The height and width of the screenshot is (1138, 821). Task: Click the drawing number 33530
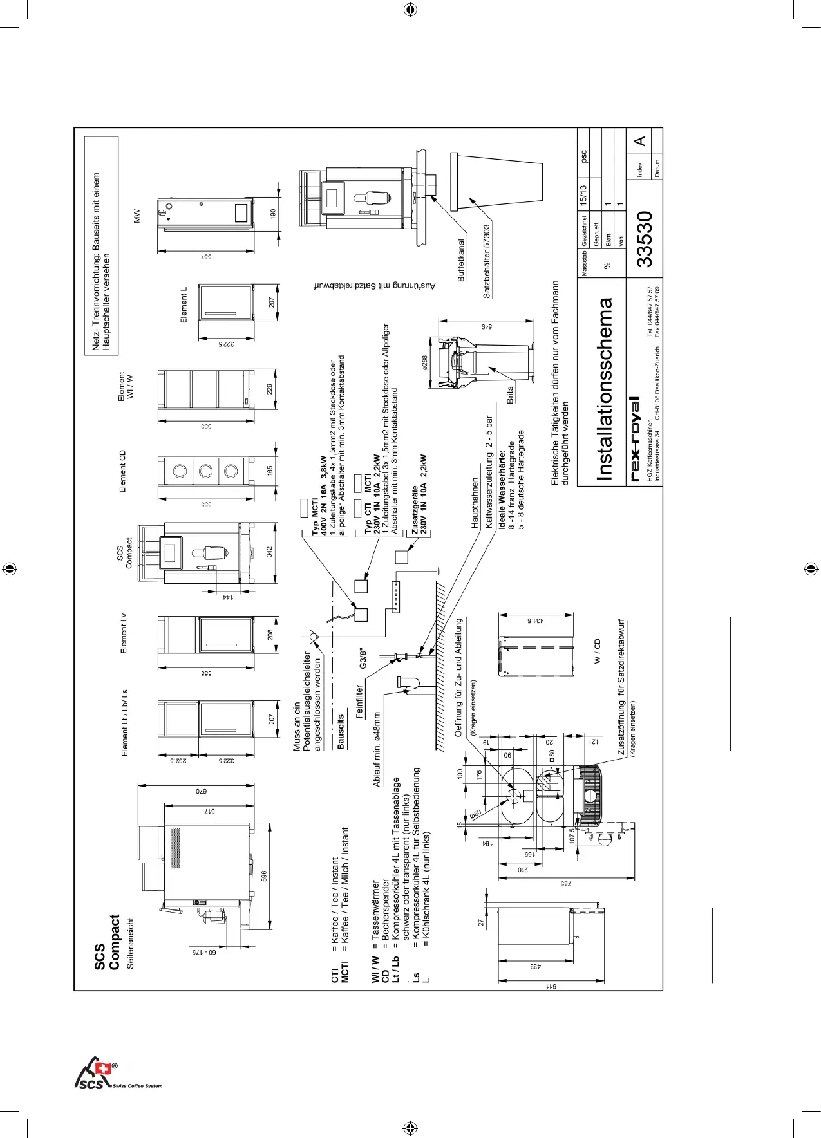tap(645, 239)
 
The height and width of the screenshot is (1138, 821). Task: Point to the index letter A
tap(639, 141)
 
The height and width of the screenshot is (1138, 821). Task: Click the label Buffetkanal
tap(461, 261)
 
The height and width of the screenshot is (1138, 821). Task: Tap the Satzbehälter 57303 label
tap(487, 261)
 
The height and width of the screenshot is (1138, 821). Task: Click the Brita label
tap(511, 395)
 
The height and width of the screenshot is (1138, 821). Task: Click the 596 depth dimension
tap(264, 877)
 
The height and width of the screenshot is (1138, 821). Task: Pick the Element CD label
tap(123, 471)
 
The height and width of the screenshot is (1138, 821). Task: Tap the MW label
tap(137, 216)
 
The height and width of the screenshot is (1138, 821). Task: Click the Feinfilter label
tap(359, 701)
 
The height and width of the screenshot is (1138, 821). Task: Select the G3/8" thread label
tap(363, 658)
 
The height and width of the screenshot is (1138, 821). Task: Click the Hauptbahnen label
tap(475, 503)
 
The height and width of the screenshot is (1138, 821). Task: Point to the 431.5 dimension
tap(536, 620)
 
